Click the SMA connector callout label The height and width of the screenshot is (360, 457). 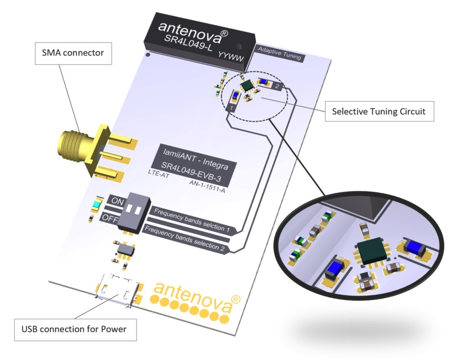(73, 53)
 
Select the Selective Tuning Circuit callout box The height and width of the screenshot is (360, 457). (378, 112)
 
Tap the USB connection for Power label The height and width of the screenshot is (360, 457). (74, 329)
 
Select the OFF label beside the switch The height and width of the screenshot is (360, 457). (109, 218)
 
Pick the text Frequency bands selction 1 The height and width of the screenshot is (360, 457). (191, 221)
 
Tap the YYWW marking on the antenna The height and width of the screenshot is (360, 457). (231, 57)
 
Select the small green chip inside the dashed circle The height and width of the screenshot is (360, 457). (248, 85)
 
